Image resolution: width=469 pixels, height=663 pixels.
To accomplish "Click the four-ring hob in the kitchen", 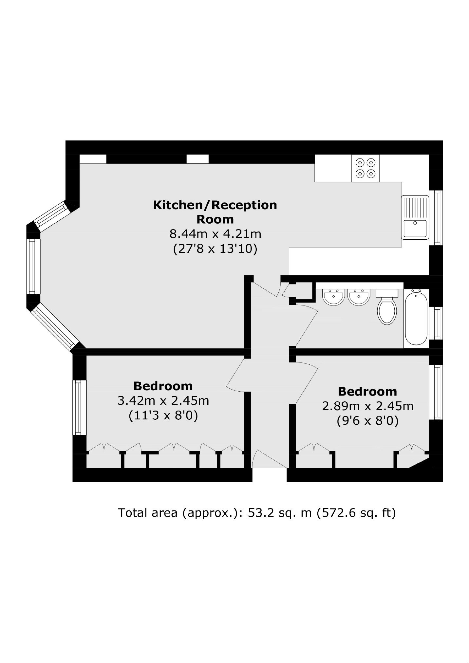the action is click(366, 168).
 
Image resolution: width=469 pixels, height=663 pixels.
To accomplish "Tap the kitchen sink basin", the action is click(415, 228).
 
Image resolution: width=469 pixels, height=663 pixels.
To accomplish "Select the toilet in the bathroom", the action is click(387, 306).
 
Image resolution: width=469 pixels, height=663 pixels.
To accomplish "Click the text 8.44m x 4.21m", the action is click(215, 234).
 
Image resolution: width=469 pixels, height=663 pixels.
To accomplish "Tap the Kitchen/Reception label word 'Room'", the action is click(215, 219).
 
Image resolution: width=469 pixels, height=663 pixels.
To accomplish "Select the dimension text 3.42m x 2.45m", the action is click(163, 400).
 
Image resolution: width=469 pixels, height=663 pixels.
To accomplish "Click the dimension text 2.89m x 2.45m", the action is click(368, 406).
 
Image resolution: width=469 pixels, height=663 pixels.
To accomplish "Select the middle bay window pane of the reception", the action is click(32, 266).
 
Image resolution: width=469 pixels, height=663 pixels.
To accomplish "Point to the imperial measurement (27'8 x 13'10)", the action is click(215, 249).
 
